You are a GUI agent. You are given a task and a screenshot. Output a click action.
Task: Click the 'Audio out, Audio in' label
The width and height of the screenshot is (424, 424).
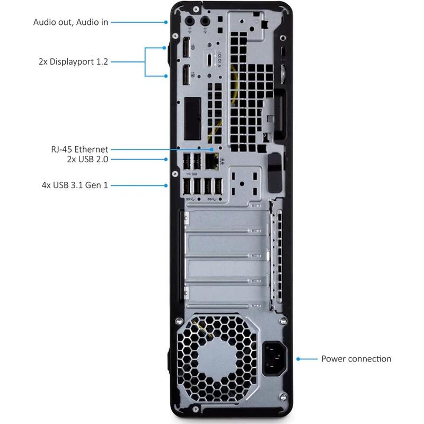coord(70,22)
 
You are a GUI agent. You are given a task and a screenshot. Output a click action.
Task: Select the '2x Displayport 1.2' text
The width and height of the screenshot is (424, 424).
coord(73,61)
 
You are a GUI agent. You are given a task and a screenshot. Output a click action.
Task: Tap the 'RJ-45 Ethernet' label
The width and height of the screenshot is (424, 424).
coord(76,149)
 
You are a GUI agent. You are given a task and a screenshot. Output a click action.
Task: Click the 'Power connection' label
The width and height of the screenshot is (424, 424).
coord(356,359)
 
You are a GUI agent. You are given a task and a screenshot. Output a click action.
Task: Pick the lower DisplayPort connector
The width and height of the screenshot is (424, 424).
coord(187,75)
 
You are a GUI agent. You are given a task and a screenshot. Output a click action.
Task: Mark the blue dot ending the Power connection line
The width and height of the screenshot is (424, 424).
coord(298,359)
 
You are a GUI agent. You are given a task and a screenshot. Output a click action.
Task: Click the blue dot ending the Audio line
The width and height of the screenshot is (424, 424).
coord(166,22)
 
